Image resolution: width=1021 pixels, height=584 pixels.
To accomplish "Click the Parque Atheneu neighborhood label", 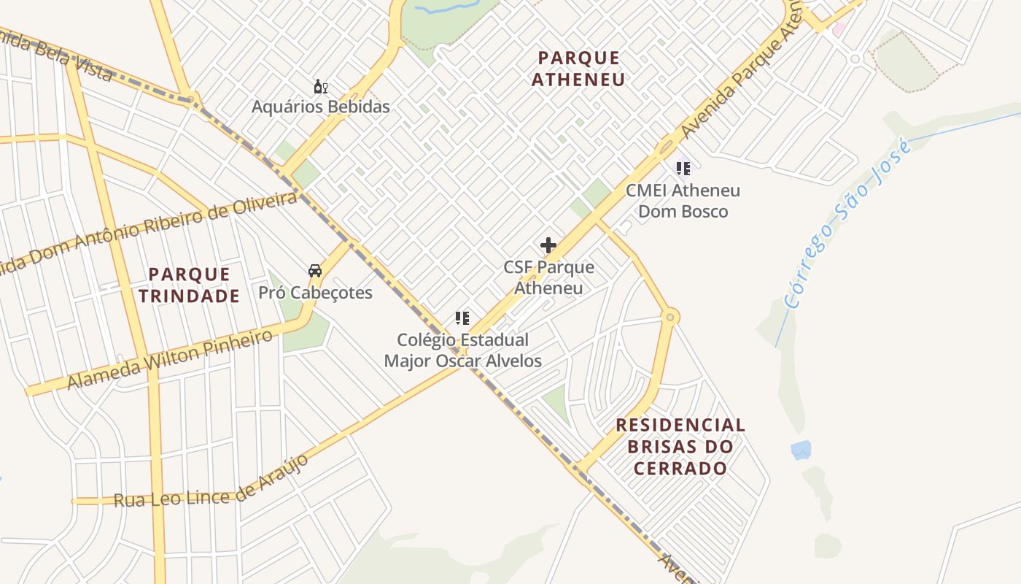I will [578, 69].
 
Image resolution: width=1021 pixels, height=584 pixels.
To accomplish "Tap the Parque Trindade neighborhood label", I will [190, 285].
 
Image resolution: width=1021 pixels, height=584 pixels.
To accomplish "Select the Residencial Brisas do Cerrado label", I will [680, 446].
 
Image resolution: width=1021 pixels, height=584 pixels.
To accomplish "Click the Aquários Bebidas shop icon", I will [320, 88].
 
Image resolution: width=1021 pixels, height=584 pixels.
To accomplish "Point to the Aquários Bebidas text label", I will [321, 107].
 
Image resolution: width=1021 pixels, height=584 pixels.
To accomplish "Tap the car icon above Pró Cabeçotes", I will [315, 271].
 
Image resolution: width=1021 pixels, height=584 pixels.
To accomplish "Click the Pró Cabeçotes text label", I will [316, 293].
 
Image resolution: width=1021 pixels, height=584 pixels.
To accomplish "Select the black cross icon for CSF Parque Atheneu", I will [548, 246].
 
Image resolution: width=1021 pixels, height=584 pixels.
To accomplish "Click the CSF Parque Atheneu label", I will [548, 277].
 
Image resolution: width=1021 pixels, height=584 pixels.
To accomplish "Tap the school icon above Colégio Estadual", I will [462, 318].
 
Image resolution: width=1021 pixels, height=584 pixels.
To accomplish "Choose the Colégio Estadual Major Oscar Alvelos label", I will [463, 350].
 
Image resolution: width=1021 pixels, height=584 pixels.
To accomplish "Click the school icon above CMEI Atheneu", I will [683, 169].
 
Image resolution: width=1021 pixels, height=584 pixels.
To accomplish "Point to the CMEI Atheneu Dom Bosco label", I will [683, 201].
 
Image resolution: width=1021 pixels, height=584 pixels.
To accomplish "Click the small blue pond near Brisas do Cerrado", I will [801, 450].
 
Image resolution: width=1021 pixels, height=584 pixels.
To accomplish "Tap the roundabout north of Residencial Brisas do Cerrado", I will [670, 317].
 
